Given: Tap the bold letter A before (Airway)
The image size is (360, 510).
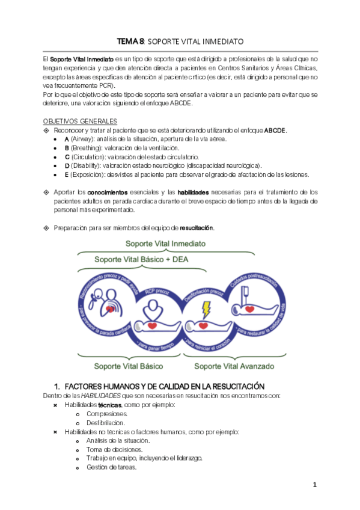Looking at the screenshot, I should (66, 139).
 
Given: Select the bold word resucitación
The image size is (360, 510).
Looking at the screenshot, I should (197, 228).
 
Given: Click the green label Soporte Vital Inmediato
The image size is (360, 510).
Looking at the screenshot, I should (165, 244).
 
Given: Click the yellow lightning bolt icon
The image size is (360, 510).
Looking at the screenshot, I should (206, 310).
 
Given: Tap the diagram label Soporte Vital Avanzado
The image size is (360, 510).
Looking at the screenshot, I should (234, 366).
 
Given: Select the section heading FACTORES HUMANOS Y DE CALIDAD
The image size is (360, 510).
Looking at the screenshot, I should (164, 386).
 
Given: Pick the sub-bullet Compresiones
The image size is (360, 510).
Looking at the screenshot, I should (107, 414).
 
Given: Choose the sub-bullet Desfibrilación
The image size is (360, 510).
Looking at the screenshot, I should (106, 423).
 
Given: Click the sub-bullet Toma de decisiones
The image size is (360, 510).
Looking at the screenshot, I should (114, 449).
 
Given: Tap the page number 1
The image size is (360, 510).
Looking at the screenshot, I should (314, 485).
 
